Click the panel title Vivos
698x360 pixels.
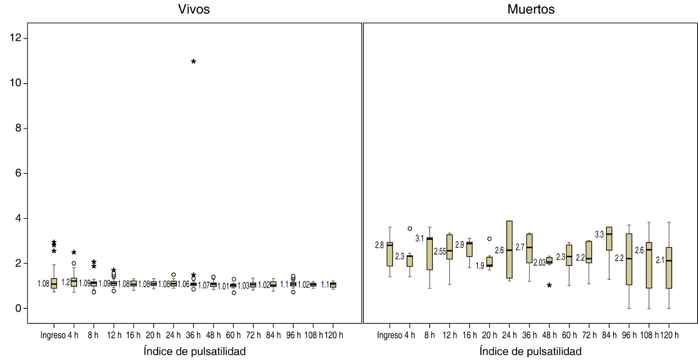click(x=194, y=9)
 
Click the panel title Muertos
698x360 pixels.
click(x=530, y=9)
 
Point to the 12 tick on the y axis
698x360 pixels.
click(x=16, y=38)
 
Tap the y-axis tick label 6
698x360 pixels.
click(x=18, y=173)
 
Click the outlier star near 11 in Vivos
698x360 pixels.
click(x=194, y=62)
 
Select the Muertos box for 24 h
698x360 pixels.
click(x=510, y=250)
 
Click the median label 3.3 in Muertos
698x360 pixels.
click(x=599, y=234)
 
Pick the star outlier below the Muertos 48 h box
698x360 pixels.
click(x=549, y=286)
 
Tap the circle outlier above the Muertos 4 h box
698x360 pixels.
click(x=410, y=229)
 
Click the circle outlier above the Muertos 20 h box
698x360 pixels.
click(x=489, y=239)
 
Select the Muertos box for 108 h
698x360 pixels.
click(x=649, y=265)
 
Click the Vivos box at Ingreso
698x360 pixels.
click(x=54, y=283)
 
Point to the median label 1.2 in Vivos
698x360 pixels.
click(x=66, y=282)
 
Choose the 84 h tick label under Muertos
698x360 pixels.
click(x=609, y=335)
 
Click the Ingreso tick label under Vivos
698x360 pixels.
click(x=53, y=335)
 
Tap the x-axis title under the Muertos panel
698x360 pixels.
click(x=530, y=351)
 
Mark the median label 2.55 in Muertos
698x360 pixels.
click(x=440, y=251)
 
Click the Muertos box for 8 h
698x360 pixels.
click(x=430, y=253)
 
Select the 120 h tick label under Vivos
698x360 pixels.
click(x=334, y=335)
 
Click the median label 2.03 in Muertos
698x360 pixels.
click(x=539, y=263)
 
